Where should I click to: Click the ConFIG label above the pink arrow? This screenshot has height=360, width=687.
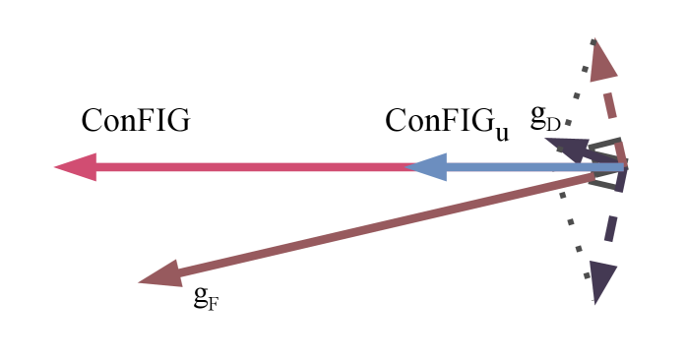(x=135, y=120)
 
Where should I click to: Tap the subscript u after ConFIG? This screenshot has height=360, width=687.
(x=502, y=132)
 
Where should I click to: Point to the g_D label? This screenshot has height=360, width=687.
(x=545, y=118)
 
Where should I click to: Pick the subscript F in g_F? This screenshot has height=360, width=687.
(x=213, y=302)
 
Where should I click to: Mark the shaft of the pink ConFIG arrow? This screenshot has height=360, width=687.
(x=246, y=166)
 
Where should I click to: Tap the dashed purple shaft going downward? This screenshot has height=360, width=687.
(x=614, y=224)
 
